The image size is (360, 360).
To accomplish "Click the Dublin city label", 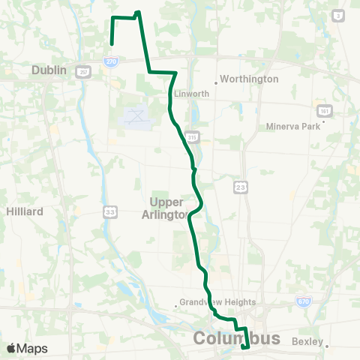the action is click(49, 70).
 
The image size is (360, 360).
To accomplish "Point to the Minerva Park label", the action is click(293, 126).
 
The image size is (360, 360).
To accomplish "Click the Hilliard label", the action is click(25, 211).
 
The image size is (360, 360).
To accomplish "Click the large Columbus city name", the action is click(236, 338).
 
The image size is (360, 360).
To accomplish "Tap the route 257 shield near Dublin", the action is click(83, 71).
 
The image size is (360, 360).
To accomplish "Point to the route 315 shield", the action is click(193, 137).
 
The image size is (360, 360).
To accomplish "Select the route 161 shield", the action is click(323, 109).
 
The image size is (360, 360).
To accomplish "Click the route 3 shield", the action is click(338, 15).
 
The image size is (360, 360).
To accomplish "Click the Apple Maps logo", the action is click(26, 348).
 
